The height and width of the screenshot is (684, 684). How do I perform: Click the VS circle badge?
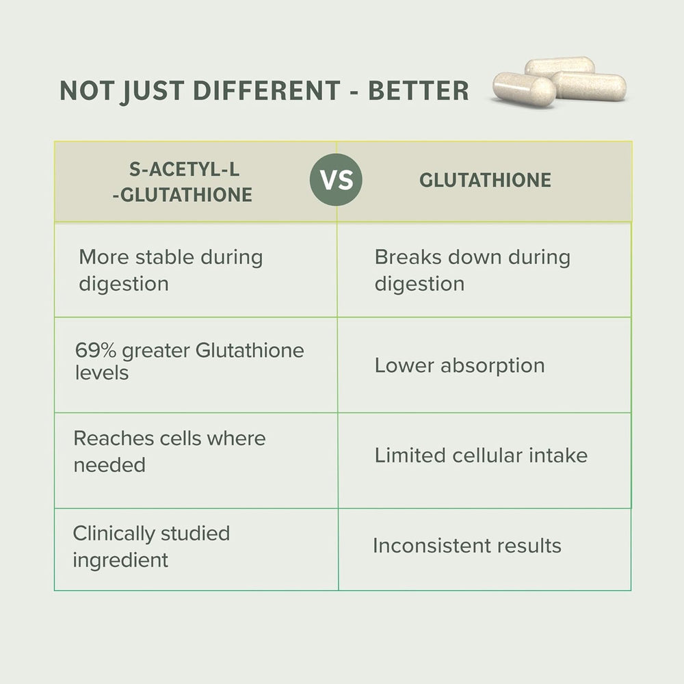[336, 181]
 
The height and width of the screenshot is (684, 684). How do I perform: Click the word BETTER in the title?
[419, 91]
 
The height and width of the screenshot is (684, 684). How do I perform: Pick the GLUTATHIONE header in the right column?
[485, 181]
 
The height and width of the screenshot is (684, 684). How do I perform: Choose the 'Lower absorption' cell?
[460, 365]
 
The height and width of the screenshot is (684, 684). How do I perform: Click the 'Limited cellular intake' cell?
[481, 456]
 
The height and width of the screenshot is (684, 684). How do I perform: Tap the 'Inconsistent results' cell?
[467, 546]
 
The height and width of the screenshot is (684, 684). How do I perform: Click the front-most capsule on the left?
[524, 90]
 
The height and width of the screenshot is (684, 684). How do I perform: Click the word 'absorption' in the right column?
[492, 366]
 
